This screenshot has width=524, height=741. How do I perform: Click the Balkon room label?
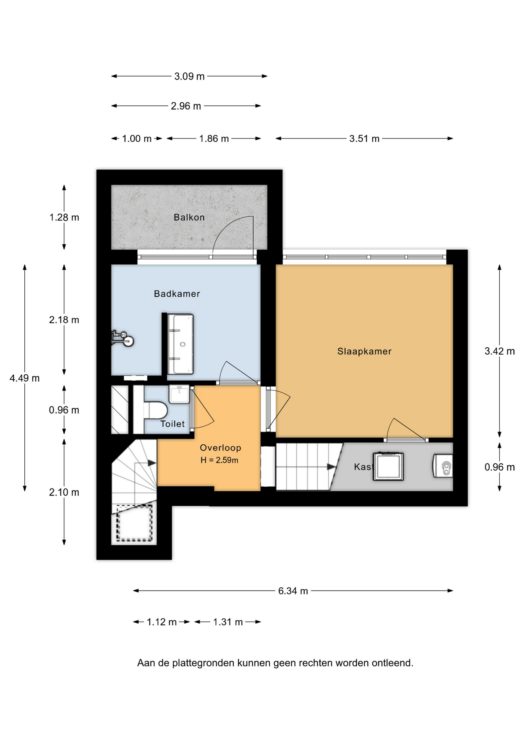(x=189, y=217)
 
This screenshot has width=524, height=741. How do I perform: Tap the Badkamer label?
(x=177, y=294)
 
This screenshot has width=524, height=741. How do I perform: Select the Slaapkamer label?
(x=364, y=351)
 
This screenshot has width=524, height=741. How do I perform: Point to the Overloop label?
(x=220, y=448)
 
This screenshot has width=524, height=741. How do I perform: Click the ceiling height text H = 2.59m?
(x=219, y=460)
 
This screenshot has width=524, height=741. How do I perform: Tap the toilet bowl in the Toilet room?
(x=156, y=410)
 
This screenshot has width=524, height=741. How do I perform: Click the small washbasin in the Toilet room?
(x=179, y=394)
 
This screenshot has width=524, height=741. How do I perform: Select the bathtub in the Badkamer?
(x=180, y=344)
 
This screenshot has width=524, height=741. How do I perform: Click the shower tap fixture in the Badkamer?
(x=123, y=338)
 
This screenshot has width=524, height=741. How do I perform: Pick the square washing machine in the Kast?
(x=388, y=467)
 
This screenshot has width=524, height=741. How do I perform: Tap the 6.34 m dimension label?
(x=293, y=591)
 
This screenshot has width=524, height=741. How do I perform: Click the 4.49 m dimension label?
(x=25, y=378)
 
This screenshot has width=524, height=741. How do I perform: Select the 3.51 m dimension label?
(x=364, y=139)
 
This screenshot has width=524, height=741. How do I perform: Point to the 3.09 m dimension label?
(x=189, y=76)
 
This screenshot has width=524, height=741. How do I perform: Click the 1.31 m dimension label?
(x=228, y=622)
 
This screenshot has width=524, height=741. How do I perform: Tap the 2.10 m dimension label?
(x=64, y=492)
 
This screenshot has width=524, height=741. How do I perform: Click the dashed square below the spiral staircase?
(x=134, y=523)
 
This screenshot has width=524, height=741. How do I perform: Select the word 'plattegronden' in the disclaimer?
(x=203, y=663)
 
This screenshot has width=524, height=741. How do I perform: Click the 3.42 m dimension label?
(x=500, y=351)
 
